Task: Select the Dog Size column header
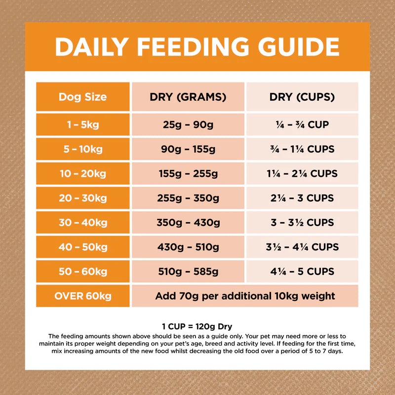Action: coord(82,97)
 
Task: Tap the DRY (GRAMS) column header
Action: coord(188,97)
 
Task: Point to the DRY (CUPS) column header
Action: coord(302,97)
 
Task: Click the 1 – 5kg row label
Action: coord(82,125)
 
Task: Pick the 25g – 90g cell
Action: coord(188,125)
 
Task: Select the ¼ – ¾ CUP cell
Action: coord(302,125)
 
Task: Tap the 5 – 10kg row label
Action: coord(82,149)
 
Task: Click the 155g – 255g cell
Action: coord(188,174)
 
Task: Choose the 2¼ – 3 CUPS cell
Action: coord(302,198)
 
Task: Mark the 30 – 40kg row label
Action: coord(82,223)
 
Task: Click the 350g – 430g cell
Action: coord(188,223)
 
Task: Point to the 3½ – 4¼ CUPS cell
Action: coord(302,247)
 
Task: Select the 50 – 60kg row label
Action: coord(82,271)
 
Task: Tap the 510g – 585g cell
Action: coord(188,271)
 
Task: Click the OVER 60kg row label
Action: coord(82,296)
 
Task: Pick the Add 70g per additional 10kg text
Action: coord(245,296)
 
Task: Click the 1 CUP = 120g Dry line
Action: coord(197,326)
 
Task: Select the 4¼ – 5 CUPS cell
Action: coord(302,271)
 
